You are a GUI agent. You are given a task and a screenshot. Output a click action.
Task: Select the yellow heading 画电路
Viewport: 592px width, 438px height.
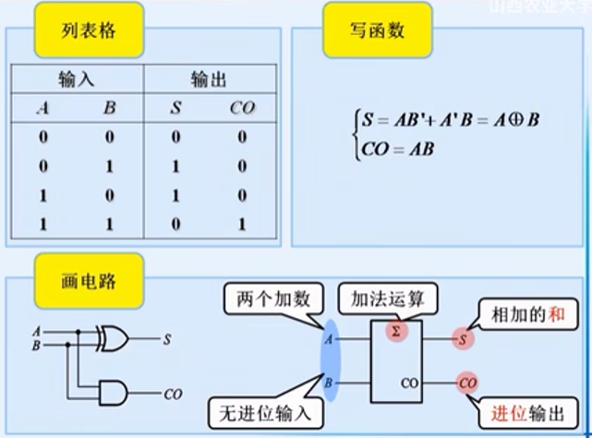(89, 276)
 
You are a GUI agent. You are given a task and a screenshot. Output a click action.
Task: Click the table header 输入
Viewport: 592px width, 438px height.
(77, 81)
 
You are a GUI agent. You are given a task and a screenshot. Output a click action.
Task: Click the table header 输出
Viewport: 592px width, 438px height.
(208, 81)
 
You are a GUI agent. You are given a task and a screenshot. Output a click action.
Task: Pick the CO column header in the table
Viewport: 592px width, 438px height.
(241, 109)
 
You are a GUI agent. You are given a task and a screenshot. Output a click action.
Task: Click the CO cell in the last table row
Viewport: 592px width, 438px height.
(241, 224)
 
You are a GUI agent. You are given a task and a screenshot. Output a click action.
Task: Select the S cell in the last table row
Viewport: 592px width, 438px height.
(175, 224)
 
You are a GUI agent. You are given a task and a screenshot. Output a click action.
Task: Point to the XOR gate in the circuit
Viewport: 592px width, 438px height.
(114, 339)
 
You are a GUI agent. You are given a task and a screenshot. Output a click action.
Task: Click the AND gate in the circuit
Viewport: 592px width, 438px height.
(114, 394)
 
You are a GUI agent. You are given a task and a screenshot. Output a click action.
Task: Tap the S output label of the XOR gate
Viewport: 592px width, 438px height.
(167, 339)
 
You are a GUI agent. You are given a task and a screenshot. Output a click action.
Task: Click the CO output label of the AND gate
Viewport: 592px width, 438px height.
(173, 395)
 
